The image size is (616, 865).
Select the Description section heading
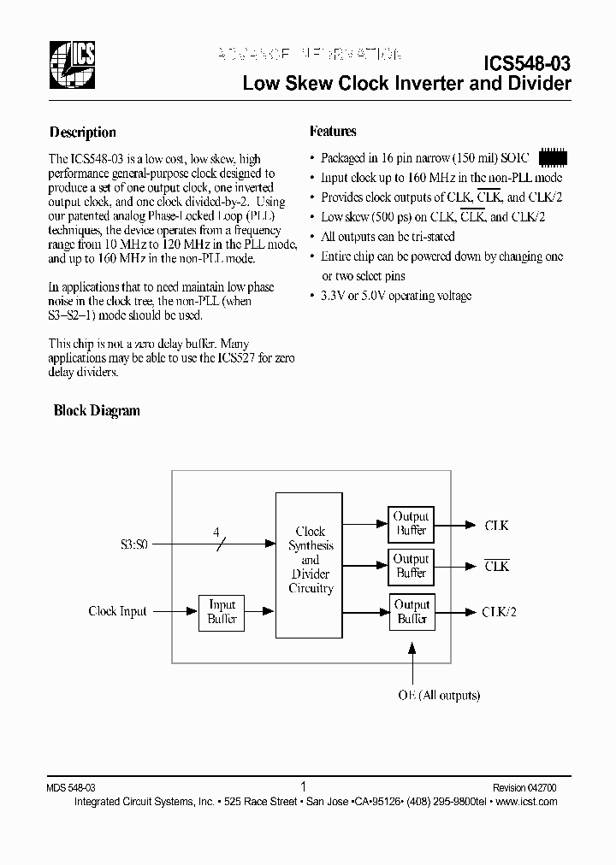[x=82, y=132]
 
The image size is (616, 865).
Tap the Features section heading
[x=333, y=132]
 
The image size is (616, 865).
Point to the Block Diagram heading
[x=97, y=411]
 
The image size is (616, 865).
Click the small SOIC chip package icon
[x=552, y=158]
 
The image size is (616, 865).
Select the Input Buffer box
[x=222, y=612]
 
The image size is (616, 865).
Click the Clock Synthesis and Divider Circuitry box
[x=310, y=559]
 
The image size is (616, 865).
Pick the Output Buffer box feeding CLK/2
[x=412, y=611]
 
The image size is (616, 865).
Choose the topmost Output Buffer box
[x=411, y=523]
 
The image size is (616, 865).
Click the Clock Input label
[x=117, y=611]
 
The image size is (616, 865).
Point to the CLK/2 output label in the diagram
[x=500, y=611]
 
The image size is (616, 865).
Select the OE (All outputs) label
[x=438, y=696]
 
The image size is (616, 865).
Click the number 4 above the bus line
[x=216, y=530]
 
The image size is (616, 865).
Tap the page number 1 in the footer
[x=304, y=786]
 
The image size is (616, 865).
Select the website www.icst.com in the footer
[x=526, y=802]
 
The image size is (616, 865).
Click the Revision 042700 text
[x=524, y=787]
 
